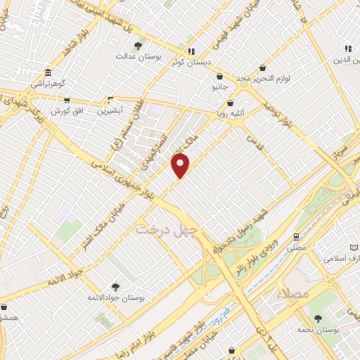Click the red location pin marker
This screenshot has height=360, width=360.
click(x=181, y=166)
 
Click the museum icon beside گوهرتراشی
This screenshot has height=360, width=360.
click(x=48, y=72)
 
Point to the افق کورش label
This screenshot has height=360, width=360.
click(x=67, y=111)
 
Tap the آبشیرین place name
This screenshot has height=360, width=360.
click(x=109, y=111)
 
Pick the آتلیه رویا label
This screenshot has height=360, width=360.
click(x=229, y=110)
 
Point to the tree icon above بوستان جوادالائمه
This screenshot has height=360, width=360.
click(x=115, y=286)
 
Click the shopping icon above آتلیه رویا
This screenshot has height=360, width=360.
click(x=230, y=99)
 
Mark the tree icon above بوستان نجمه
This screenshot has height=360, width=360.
click(x=317, y=319)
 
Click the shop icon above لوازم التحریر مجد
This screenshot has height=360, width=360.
click(x=262, y=67)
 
